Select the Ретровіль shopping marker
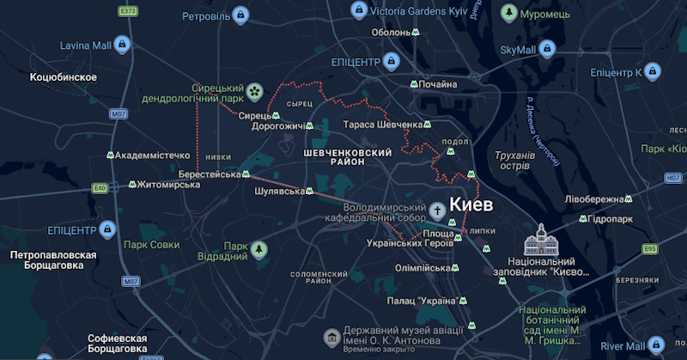point(243,16)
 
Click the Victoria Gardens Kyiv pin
point(360,10)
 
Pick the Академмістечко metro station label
point(151,156)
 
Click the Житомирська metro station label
point(163,185)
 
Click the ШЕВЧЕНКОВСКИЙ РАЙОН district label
point(341,157)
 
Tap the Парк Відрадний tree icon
point(258,250)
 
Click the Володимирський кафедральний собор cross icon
point(437,211)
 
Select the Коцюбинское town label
point(63,77)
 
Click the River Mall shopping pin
point(658,345)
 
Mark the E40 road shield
point(100,187)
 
